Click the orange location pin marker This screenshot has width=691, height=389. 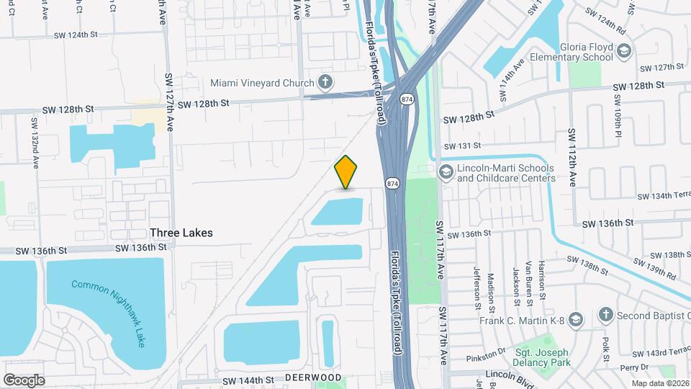coord(346,172)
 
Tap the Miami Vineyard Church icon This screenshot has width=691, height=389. coord(325,82)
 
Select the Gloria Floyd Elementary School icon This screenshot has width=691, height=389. coord(623,50)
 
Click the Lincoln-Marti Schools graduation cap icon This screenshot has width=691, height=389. coord(446,171)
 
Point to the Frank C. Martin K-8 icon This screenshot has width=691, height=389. coord(576,318)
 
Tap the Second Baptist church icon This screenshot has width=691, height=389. coord(606,314)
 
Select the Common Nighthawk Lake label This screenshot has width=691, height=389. coord(109,313)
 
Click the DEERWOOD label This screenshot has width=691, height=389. coord(312,377)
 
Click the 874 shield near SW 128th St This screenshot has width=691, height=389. coord(408,99)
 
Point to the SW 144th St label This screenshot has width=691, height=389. coord(249,380)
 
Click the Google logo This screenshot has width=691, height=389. coord(24,380)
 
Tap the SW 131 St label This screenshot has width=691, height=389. coord(461,145)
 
